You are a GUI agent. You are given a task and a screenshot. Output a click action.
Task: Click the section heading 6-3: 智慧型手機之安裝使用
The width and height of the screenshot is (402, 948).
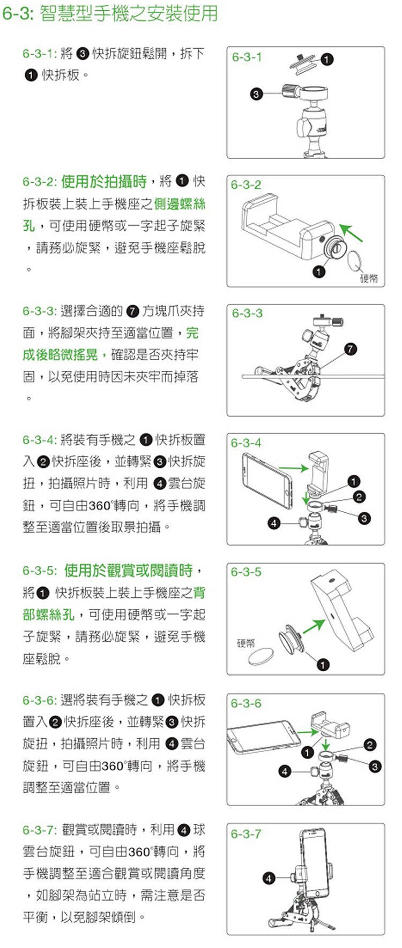110,13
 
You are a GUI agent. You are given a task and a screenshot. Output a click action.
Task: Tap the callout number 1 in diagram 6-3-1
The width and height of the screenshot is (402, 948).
327,59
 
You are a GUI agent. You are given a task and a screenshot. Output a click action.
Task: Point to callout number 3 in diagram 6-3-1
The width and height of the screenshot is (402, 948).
256,94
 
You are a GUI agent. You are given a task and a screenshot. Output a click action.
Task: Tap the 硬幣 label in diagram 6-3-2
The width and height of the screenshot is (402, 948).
369,278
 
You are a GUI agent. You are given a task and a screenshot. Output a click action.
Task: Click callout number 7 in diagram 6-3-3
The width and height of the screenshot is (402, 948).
350,349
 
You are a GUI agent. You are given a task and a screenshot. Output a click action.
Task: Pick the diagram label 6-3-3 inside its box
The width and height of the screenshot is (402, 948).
247,313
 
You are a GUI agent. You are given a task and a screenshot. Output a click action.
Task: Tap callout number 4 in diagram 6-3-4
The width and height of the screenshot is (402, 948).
274,523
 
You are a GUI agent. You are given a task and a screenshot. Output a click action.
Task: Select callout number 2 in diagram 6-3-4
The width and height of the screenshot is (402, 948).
359,497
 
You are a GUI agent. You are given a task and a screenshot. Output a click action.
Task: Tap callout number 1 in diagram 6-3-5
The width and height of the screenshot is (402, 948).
323,665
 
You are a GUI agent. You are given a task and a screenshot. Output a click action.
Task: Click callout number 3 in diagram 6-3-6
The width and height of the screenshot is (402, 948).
375,767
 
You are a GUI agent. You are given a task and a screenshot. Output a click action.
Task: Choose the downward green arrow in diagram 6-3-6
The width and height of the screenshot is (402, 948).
325,744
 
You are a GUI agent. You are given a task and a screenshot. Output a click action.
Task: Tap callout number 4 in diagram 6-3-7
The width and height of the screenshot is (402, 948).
269,878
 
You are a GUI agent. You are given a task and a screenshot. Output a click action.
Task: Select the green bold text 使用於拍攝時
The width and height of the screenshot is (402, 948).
103,181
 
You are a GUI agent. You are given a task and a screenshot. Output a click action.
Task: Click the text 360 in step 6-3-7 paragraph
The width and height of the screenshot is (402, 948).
139,852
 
